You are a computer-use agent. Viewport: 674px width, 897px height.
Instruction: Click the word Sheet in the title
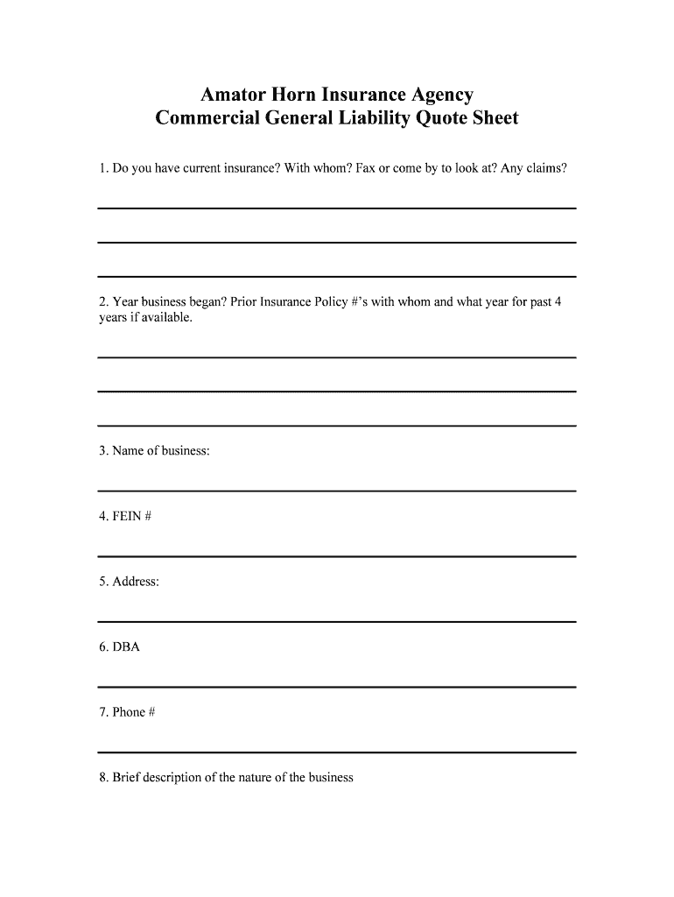click(494, 117)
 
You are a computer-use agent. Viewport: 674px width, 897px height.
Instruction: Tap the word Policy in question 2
click(320, 302)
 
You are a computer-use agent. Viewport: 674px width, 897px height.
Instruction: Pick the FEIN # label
click(125, 517)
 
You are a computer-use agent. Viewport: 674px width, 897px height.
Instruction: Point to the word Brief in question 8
click(125, 777)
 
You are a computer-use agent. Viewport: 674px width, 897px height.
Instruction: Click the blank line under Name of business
click(336, 491)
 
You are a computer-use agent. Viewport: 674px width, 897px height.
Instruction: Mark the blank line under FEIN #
click(336, 556)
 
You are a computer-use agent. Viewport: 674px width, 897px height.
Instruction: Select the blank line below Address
click(336, 622)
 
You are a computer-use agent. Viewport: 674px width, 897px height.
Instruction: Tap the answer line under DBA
click(336, 687)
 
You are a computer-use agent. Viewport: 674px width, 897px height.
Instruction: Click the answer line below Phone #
click(336, 752)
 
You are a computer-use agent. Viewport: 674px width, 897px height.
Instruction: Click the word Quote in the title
click(444, 117)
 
